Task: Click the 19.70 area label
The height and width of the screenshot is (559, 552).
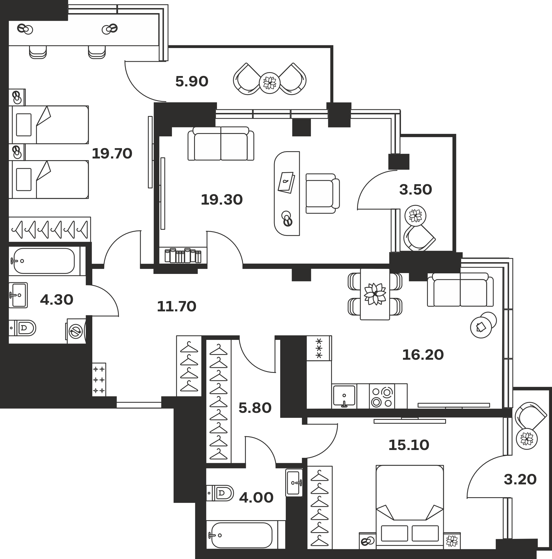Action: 112,154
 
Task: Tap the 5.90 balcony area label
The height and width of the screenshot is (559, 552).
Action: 192,82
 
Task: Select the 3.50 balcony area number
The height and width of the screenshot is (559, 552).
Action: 416,190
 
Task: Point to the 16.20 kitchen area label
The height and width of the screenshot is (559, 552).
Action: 423,355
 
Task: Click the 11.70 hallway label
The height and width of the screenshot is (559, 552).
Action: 176,306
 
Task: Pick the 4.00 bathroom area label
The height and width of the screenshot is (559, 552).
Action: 256,498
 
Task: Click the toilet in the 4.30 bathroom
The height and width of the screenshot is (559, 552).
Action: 22,328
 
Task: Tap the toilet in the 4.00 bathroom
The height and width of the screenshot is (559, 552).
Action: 220,493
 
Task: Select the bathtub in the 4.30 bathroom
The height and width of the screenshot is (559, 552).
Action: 44,261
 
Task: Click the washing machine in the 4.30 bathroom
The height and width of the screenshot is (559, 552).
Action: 76,331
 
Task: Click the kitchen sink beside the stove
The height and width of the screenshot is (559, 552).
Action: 344,396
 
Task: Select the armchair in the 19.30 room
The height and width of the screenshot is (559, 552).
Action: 322,194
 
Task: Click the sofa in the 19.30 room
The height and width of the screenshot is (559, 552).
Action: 221,143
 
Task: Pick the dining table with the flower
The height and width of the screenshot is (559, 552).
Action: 375,294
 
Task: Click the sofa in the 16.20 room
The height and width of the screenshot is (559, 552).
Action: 460,290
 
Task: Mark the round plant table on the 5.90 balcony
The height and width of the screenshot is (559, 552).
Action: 270,83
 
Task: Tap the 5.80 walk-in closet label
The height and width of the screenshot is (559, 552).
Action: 255,408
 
